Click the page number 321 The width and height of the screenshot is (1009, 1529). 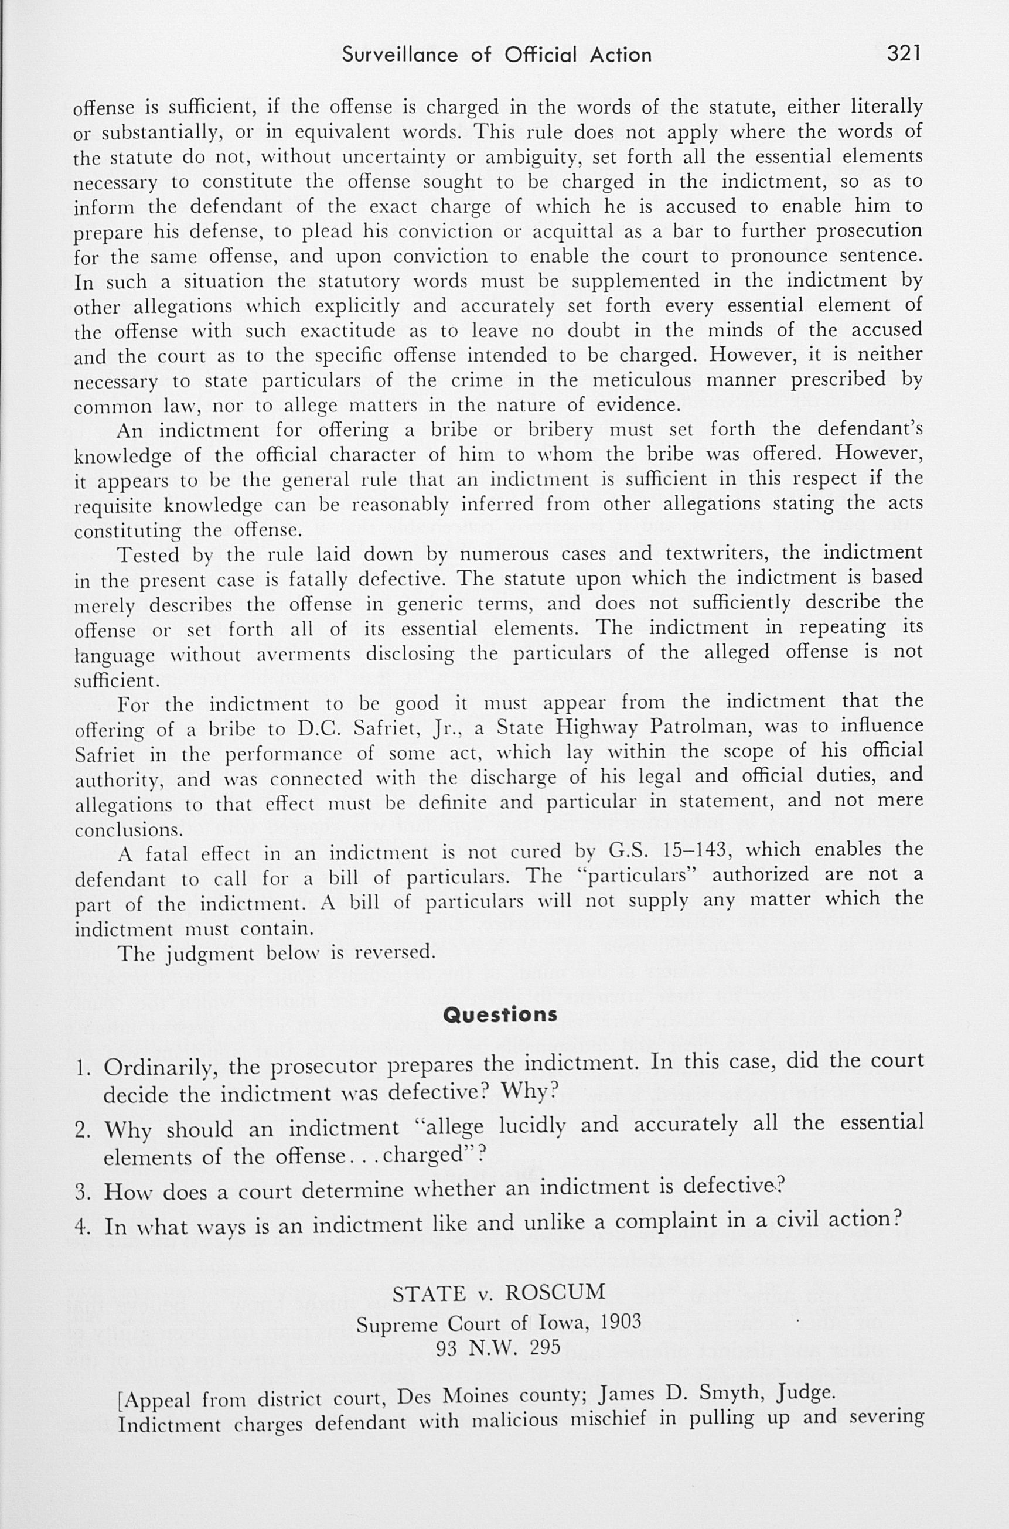click(904, 53)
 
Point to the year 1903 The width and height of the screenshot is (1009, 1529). click(621, 1321)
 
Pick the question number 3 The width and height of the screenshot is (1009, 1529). click(81, 1193)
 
